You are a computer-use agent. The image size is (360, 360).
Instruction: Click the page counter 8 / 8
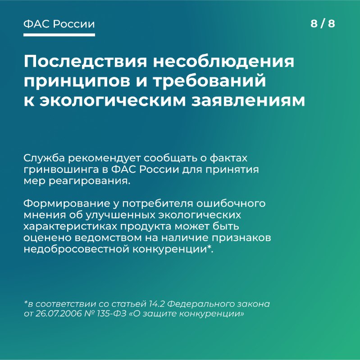coord(323,24)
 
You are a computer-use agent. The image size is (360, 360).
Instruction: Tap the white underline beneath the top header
coord(59,35)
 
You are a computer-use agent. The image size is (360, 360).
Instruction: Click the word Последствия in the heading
coord(85,62)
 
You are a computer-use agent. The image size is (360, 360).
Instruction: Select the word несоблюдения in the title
coord(223,62)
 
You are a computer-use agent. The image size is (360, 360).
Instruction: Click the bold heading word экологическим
coord(112,100)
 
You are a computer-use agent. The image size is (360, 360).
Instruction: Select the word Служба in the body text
coord(44,158)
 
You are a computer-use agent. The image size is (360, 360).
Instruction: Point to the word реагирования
coord(89,181)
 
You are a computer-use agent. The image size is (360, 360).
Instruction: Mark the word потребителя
coord(158,204)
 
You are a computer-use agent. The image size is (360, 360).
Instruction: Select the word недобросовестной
coord(76,249)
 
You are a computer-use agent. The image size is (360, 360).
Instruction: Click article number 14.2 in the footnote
coord(156,304)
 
